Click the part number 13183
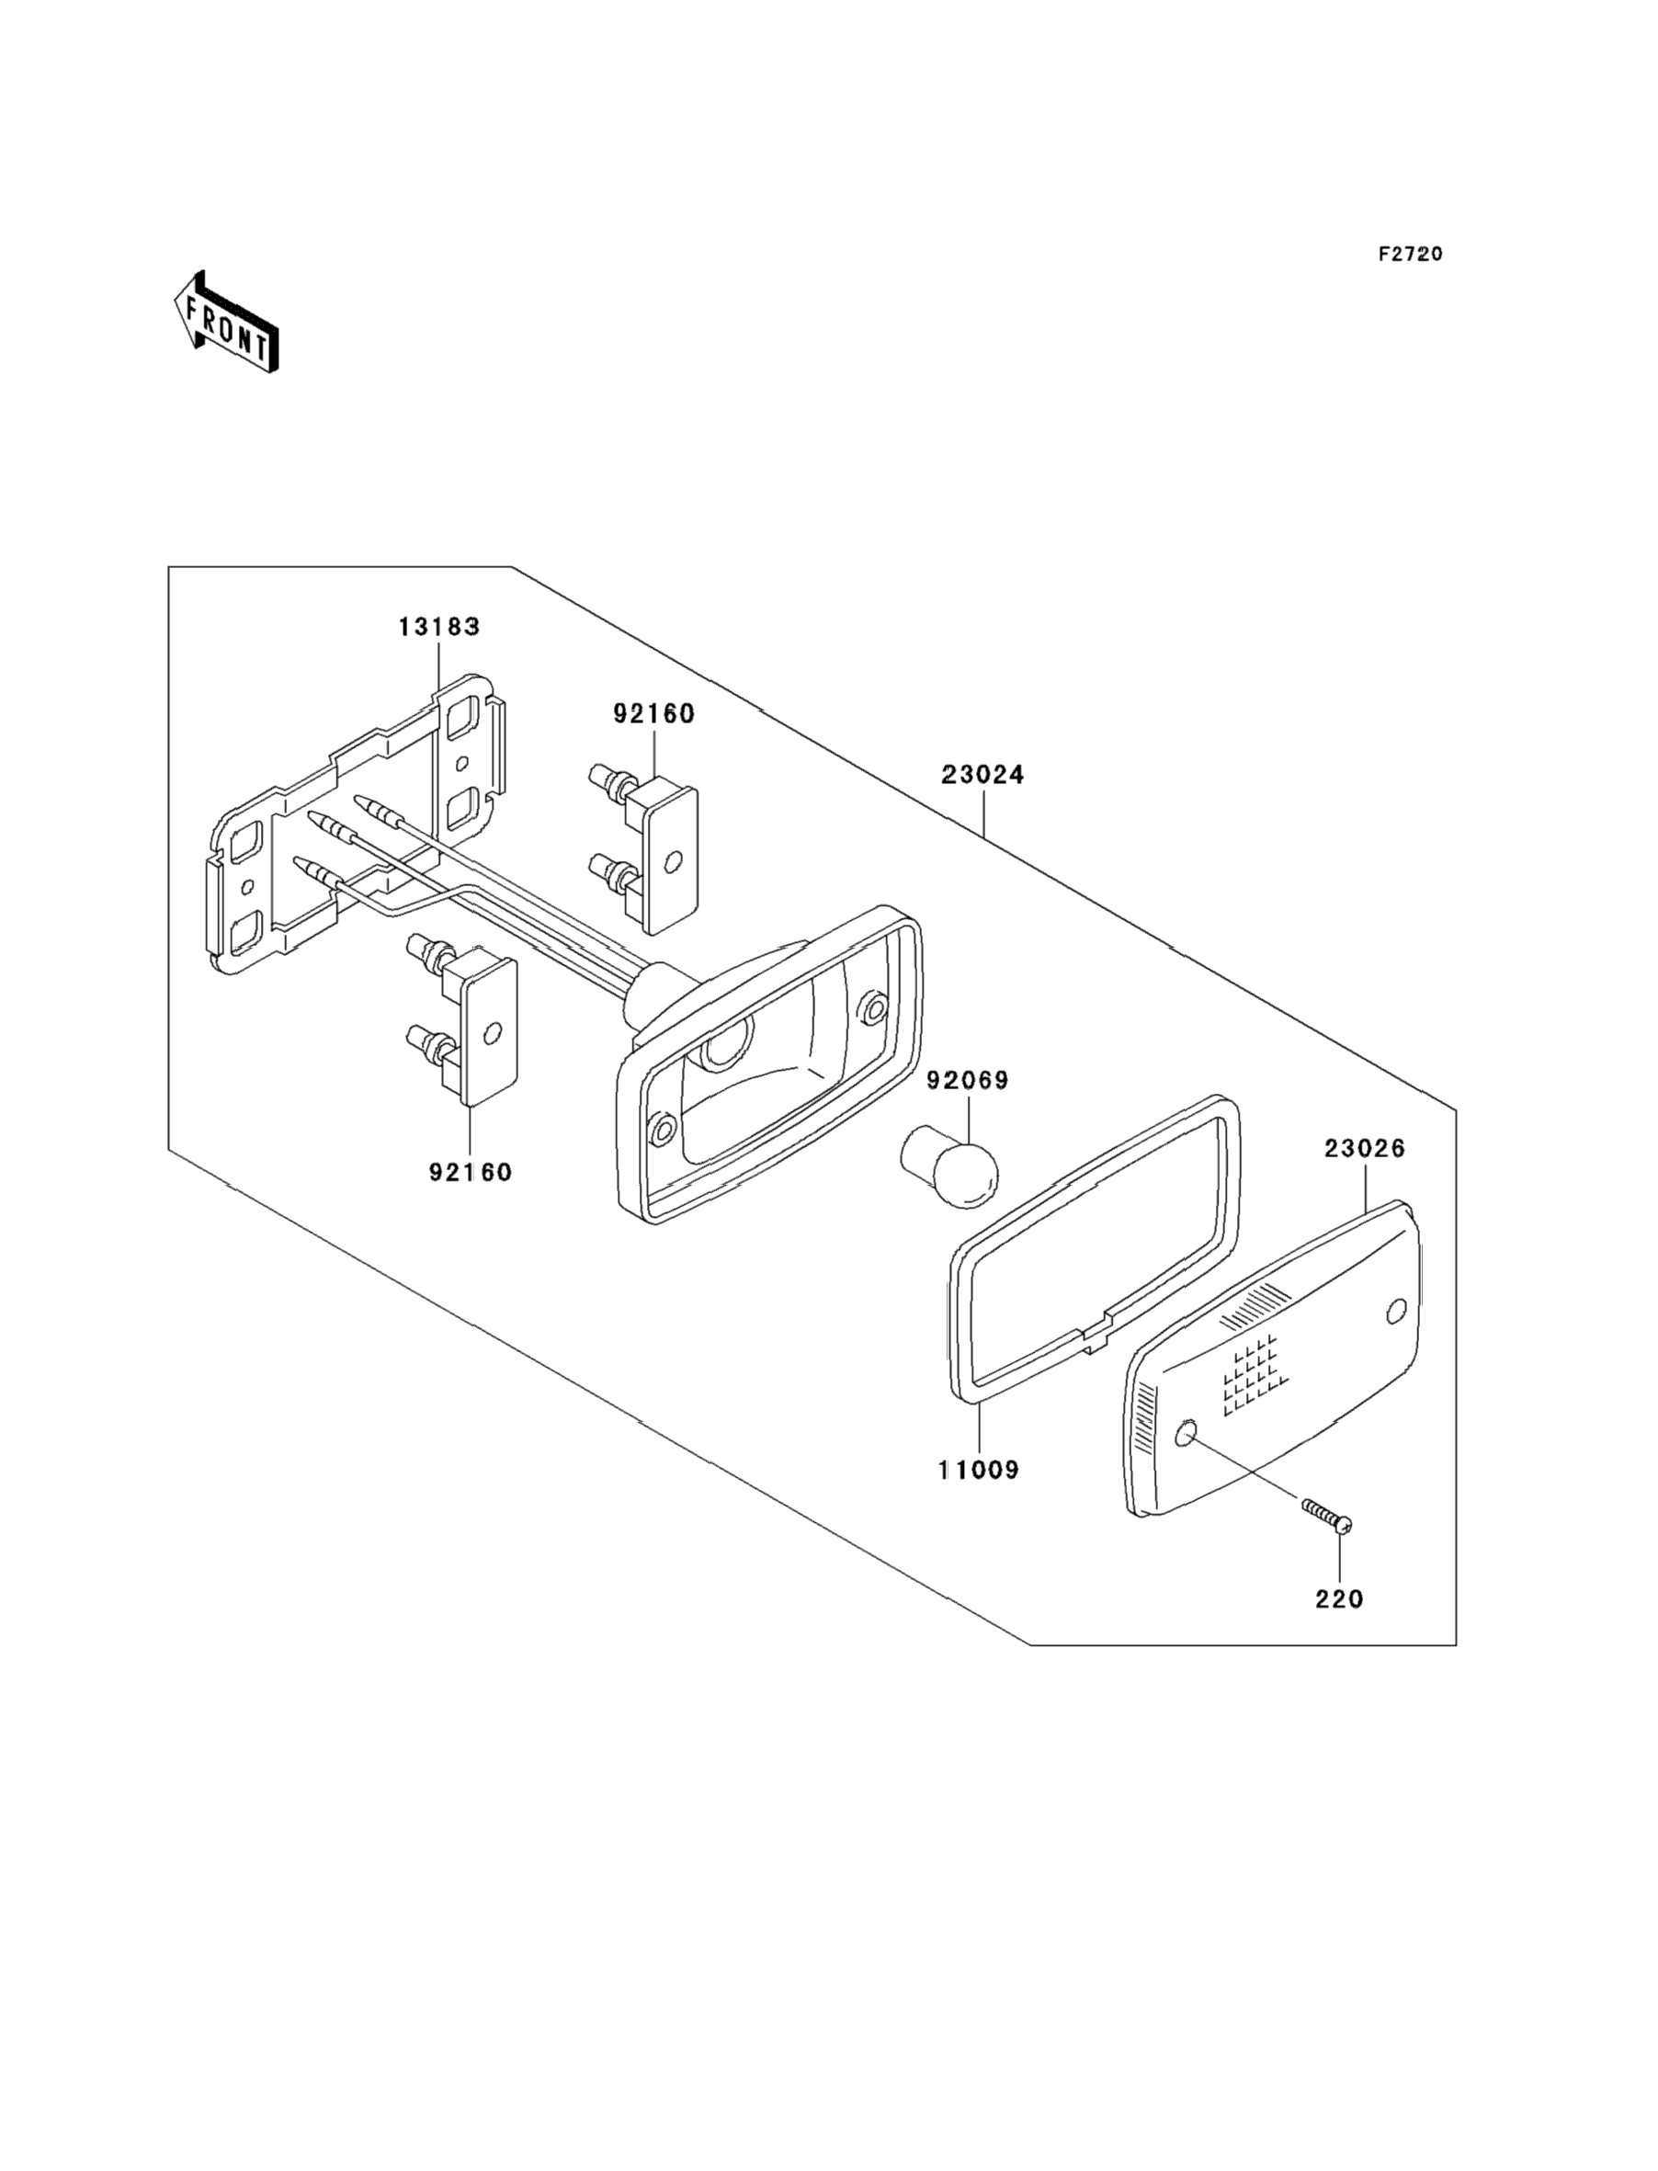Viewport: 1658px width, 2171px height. click(x=439, y=627)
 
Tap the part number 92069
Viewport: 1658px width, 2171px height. click(x=967, y=1081)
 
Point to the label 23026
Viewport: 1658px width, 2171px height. click(x=1365, y=1149)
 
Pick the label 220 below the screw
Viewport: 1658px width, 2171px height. click(x=1339, y=1598)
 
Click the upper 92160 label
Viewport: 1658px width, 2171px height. click(x=653, y=713)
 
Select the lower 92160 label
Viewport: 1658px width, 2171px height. click(x=471, y=1172)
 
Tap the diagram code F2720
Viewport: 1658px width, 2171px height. click(x=1410, y=254)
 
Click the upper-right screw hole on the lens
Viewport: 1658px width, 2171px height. click(x=1395, y=1312)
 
